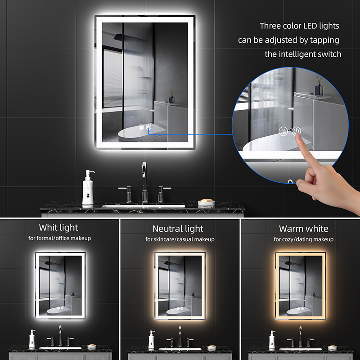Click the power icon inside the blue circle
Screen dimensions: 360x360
pos(296,131)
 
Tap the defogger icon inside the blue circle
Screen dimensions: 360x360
pos(283,131)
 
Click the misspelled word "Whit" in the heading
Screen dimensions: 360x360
pos(47,228)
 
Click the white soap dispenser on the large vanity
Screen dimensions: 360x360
pos(88,188)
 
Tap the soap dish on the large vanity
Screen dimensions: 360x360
pos(207,203)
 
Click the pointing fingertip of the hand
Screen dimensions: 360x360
pos(298,136)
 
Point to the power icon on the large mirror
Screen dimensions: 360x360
pos(148,127)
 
